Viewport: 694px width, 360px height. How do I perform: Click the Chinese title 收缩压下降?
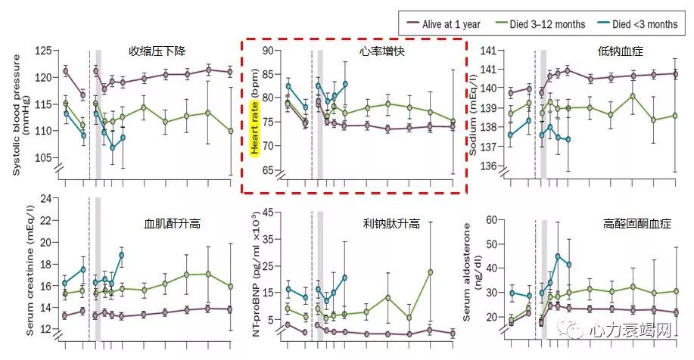tap(156, 52)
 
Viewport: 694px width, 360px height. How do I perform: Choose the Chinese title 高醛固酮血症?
tap(628, 224)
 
